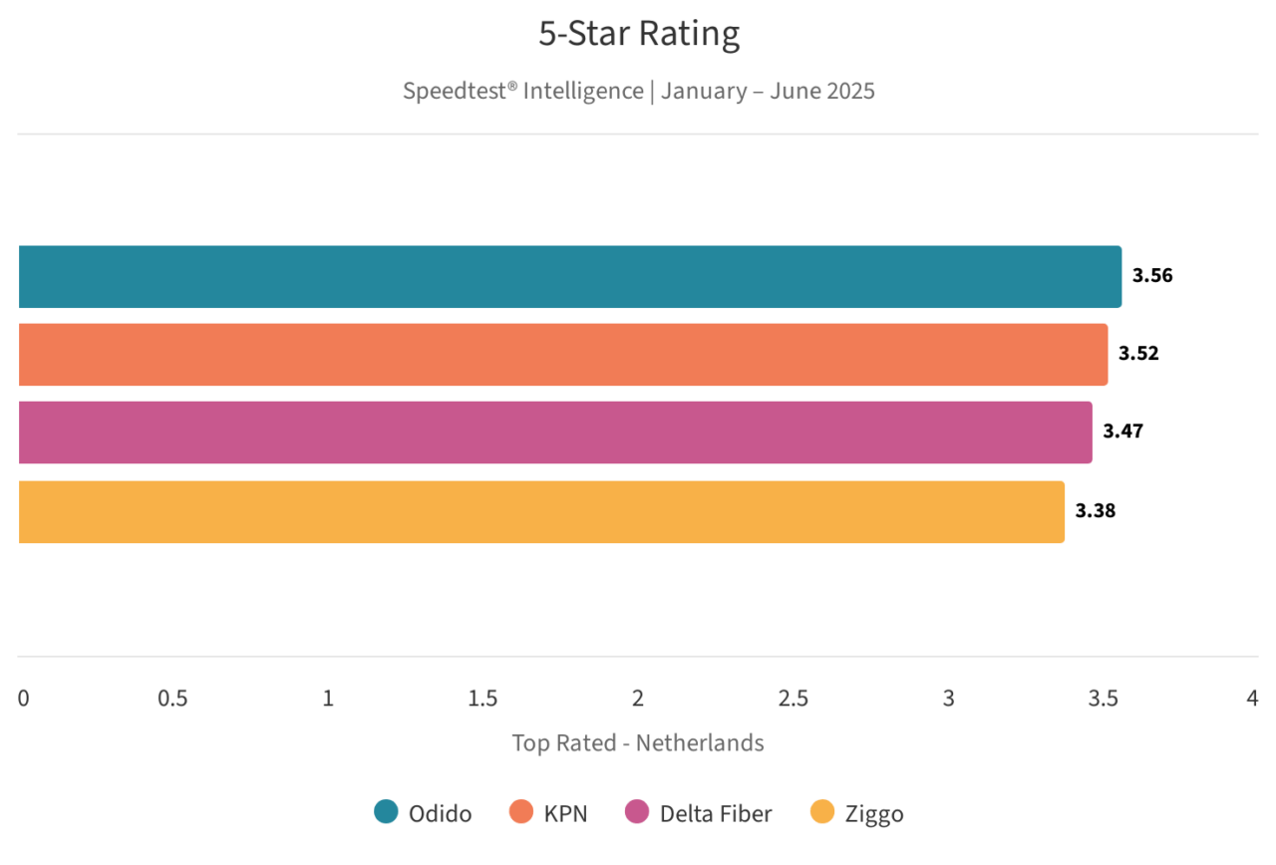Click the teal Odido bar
click(568, 277)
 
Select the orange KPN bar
click(562, 355)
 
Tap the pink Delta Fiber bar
click(554, 432)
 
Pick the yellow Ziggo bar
click(540, 512)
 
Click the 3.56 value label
click(1152, 276)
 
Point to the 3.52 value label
click(1138, 354)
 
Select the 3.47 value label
click(1122, 432)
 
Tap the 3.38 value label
click(1095, 511)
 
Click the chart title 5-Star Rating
click(639, 34)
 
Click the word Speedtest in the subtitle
click(455, 91)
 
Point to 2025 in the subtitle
click(849, 91)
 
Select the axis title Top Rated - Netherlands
click(638, 742)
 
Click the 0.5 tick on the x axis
click(172, 699)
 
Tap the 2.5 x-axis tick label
click(794, 699)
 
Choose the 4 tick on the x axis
click(1252, 699)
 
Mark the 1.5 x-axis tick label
click(482, 699)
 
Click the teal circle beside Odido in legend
click(386, 813)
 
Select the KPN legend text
click(565, 814)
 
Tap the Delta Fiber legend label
click(716, 814)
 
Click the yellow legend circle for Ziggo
click(822, 813)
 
